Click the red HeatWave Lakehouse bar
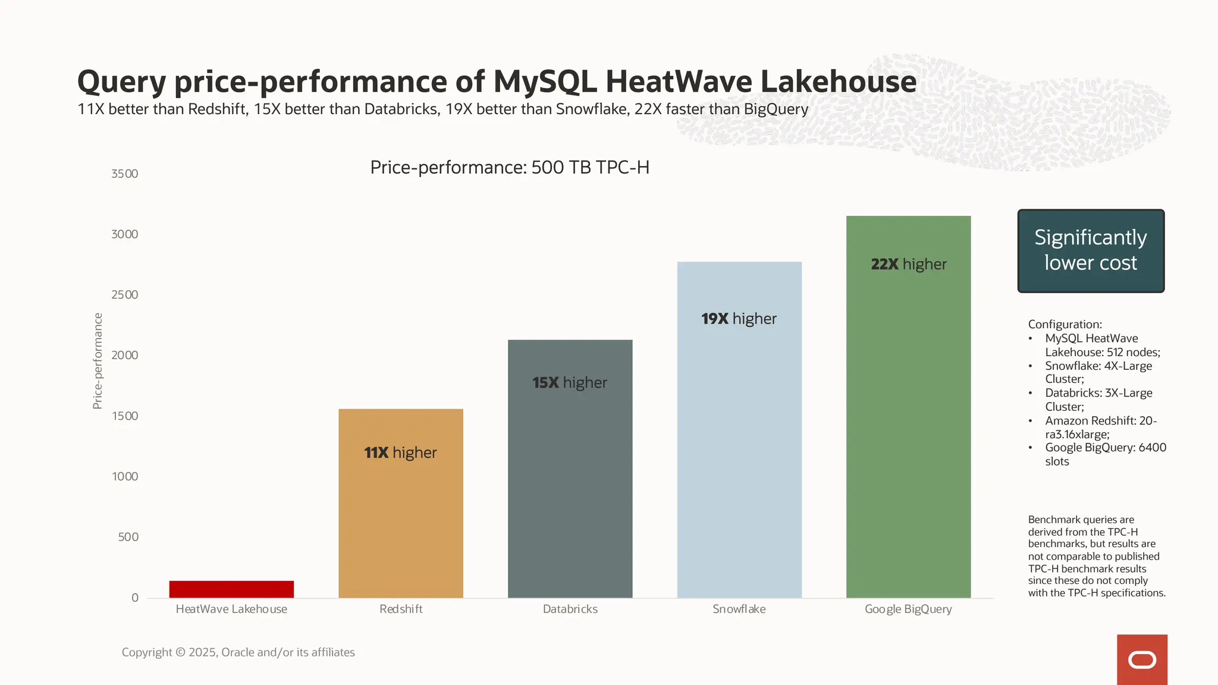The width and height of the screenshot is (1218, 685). pos(231,589)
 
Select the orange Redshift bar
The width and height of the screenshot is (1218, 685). pos(401,523)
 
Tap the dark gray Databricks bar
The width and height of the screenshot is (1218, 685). pos(570,488)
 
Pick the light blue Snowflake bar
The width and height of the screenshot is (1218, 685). pos(739,452)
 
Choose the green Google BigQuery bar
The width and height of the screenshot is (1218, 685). pos(908,428)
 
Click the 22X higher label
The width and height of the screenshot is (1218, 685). pos(908,264)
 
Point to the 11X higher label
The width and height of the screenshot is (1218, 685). pos(400,453)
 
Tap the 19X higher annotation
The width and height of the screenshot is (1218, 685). pos(739,319)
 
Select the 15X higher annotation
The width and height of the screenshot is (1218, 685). pos(570,382)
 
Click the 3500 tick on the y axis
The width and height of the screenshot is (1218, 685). pos(124,174)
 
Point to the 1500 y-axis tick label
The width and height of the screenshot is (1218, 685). pos(124,416)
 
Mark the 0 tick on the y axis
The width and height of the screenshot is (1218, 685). pos(135,598)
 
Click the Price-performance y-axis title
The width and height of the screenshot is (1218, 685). pos(98,361)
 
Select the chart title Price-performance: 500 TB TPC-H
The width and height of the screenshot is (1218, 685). pos(510,167)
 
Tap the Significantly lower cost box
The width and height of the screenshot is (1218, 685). pos(1091,250)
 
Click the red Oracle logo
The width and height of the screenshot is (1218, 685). pos(1142,659)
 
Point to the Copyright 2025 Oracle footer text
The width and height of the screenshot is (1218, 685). pos(238,652)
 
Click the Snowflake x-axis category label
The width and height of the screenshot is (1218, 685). pos(739,609)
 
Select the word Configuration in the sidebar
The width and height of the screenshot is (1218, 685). pos(1065,324)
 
